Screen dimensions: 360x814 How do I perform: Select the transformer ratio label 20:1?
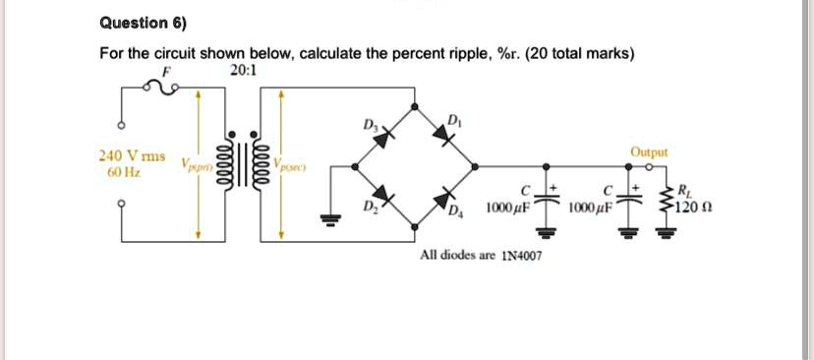[241, 71]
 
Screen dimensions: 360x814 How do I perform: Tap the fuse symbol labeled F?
[163, 89]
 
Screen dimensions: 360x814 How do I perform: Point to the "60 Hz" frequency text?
[124, 172]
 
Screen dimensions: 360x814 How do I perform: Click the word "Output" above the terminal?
[649, 152]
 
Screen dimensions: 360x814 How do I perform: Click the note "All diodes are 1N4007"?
[480, 255]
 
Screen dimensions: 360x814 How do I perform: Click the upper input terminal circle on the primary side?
[122, 126]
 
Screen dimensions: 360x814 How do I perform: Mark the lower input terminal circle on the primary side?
[122, 205]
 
